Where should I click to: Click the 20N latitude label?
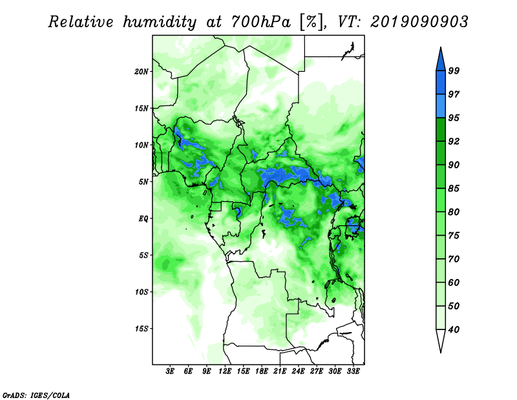(x=141, y=72)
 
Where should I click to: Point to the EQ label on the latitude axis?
(x=143, y=219)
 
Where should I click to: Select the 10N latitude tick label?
(x=141, y=145)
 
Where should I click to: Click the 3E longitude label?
(x=169, y=372)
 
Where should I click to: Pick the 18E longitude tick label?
(x=262, y=372)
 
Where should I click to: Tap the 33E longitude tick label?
(x=353, y=372)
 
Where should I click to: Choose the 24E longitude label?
(x=298, y=372)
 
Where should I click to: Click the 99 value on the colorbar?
(x=454, y=71)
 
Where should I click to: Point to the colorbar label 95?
(x=454, y=118)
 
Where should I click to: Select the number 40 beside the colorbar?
(x=454, y=329)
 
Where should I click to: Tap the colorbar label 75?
(x=454, y=236)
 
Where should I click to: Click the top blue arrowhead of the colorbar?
(x=441, y=61)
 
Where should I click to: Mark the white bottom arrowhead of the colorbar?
(x=441, y=339)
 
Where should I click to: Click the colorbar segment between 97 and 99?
(x=441, y=83)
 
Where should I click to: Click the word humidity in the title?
(x=160, y=23)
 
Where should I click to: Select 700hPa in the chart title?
(x=261, y=23)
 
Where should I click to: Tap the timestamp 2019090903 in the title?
(x=419, y=22)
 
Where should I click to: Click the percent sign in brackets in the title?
(x=311, y=23)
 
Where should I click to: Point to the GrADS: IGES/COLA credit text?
(x=36, y=395)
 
